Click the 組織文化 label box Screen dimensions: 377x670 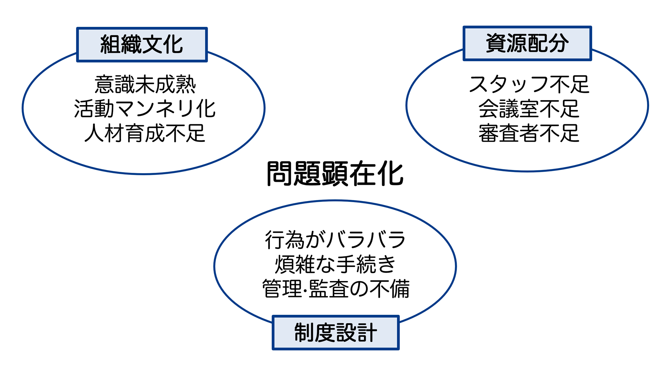(142, 45)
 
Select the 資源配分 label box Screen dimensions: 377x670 (527, 43)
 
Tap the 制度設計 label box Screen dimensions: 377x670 (335, 332)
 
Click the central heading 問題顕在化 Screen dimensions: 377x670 (335, 173)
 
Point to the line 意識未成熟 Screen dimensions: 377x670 (145, 84)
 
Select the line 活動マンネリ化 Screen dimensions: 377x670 (145, 109)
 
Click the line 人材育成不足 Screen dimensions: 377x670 (145, 133)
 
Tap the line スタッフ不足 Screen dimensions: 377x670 (529, 84)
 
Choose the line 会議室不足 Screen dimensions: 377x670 (529, 109)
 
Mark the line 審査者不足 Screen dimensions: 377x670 (529, 133)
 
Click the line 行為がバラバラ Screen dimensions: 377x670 (335, 240)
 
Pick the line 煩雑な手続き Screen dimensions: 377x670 (335, 264)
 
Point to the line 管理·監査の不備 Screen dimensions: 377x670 (336, 289)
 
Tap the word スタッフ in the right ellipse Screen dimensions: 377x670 (509, 84)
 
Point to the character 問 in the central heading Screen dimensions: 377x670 (279, 173)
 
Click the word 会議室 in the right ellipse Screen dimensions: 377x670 (509, 109)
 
